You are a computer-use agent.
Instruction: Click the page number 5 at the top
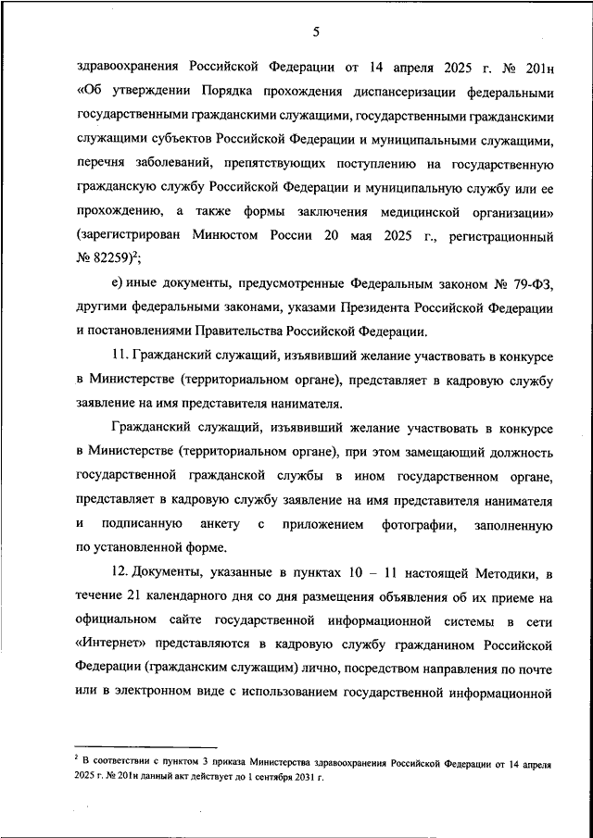tap(315, 33)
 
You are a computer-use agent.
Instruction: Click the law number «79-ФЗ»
tap(533, 283)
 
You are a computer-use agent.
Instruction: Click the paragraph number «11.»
tap(120, 356)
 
